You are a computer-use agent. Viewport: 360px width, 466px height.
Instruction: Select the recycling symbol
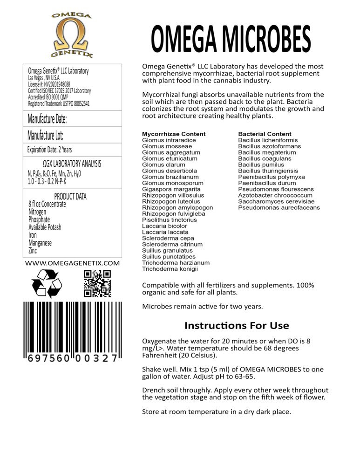(x=46, y=283)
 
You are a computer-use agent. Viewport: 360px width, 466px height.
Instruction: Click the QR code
(x=97, y=283)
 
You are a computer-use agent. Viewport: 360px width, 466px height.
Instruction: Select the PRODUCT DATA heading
(x=70, y=196)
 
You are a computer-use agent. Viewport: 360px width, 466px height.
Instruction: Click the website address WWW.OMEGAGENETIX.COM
(x=72, y=263)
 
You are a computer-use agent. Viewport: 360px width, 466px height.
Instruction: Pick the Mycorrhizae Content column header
(x=174, y=134)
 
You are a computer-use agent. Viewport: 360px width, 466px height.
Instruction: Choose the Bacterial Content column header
(x=265, y=134)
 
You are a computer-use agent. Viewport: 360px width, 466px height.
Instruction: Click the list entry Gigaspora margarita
(x=171, y=189)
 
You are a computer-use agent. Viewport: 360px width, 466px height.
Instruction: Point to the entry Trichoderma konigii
(x=170, y=269)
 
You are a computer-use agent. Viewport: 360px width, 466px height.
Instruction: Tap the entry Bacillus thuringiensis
(x=268, y=171)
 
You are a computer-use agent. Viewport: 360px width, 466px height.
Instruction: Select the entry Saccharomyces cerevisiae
(x=273, y=201)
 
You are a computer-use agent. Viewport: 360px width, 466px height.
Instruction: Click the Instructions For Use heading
(x=237, y=325)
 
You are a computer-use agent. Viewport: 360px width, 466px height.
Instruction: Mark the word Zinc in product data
(x=33, y=250)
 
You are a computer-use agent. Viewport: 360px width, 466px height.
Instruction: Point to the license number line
(x=49, y=84)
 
